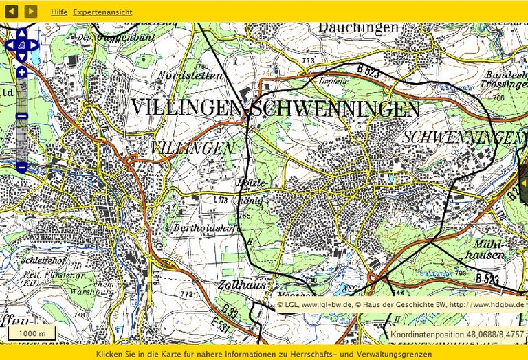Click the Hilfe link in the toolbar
click(x=59, y=12)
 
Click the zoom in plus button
click(x=22, y=72)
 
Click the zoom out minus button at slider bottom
click(x=22, y=167)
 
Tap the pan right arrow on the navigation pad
click(x=34, y=45)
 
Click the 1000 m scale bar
click(x=32, y=333)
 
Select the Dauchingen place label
click(x=358, y=27)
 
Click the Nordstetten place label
click(x=190, y=75)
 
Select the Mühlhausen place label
click(x=489, y=249)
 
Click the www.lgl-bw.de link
click(x=327, y=304)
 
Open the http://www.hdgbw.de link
click(x=486, y=304)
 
